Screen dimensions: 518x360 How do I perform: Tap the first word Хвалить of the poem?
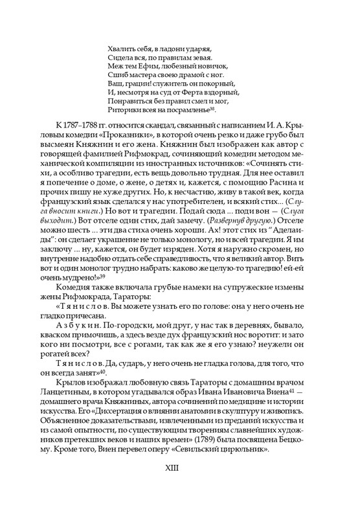[117, 47]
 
